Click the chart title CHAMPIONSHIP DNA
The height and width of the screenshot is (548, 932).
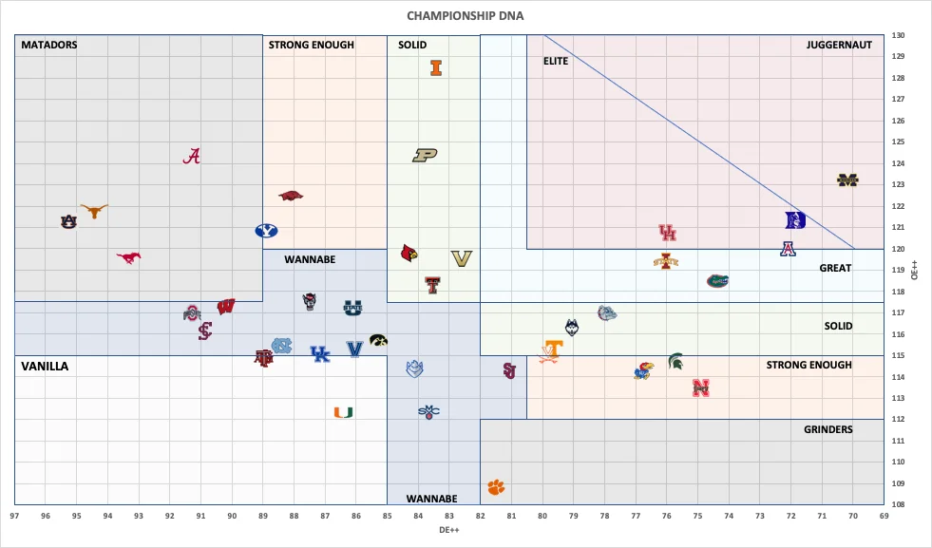(x=465, y=16)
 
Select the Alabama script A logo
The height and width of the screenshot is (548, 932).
(x=192, y=157)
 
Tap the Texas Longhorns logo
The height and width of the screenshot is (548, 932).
(x=94, y=211)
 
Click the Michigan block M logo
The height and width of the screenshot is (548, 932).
(x=847, y=180)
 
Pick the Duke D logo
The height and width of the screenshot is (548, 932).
(x=795, y=220)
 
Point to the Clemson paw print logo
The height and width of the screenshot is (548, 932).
(x=496, y=487)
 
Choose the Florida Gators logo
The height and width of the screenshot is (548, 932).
(x=717, y=280)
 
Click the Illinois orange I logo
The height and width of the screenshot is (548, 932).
(x=436, y=67)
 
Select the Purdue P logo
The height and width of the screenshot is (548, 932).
(x=425, y=155)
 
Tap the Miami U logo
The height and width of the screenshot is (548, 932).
(x=343, y=412)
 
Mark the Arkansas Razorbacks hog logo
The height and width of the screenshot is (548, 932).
(x=291, y=197)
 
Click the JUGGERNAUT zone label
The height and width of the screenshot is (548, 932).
(x=839, y=45)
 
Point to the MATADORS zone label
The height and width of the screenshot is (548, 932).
(x=49, y=45)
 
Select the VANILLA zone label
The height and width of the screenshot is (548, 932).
(x=45, y=366)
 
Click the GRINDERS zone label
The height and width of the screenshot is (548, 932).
(x=827, y=429)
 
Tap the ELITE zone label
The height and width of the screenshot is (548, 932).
(x=556, y=61)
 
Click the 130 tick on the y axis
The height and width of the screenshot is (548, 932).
(x=898, y=36)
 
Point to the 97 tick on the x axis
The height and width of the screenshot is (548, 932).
(x=15, y=516)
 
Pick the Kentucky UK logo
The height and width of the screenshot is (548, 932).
(x=320, y=353)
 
